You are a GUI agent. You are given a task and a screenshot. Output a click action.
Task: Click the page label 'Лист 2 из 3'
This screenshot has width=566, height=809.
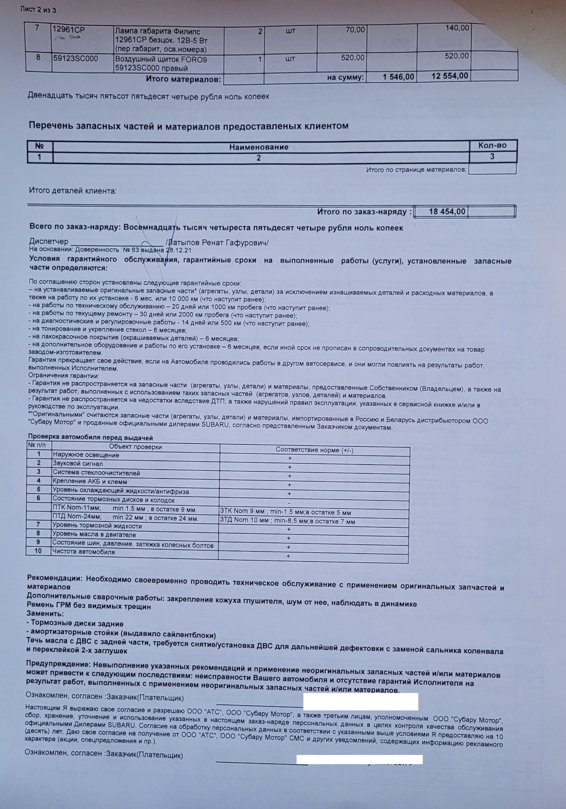coord(38,10)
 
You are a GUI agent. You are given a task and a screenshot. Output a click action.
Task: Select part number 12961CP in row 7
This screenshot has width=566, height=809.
coord(68,30)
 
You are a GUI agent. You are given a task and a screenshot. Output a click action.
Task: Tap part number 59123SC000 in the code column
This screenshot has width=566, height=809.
coord(75,59)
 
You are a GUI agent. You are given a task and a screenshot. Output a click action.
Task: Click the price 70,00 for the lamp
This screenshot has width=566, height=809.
coord(355,30)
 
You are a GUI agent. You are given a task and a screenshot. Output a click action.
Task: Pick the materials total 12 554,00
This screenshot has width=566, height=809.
coord(449,76)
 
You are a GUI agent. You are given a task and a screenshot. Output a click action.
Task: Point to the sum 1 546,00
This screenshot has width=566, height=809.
coord(398,77)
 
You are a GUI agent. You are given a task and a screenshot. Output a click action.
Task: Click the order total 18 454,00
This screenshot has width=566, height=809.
coord(447,212)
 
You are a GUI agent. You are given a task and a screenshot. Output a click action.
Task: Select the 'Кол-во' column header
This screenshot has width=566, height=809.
coord(492,145)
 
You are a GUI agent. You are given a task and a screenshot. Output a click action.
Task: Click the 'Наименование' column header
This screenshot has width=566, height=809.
coord(259,147)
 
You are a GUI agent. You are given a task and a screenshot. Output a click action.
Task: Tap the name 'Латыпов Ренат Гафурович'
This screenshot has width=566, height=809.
coord(217,243)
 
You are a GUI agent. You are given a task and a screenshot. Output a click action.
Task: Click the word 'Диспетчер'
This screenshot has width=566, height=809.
coord(48,241)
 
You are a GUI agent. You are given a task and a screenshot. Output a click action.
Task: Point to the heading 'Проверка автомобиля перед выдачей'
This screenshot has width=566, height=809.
coord(90,438)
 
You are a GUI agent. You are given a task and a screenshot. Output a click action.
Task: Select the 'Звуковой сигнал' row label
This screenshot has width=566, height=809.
coord(78,464)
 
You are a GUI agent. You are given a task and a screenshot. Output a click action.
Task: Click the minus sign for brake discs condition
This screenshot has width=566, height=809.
coord(289,503)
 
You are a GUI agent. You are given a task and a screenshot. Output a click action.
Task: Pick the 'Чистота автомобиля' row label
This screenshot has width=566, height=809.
coord(83,552)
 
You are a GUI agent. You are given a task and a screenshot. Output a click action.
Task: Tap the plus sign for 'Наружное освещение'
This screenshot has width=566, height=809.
coord(290,458)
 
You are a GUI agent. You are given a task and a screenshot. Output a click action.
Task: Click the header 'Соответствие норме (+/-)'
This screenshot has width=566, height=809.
coord(314,450)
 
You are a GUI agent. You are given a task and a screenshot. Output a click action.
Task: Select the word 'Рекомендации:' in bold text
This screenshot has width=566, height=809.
coord(55,578)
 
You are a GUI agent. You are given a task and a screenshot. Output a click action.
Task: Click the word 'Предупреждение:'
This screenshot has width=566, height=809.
coord(58,664)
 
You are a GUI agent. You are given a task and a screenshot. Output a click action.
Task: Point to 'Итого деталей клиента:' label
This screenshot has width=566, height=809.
coord(72,191)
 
